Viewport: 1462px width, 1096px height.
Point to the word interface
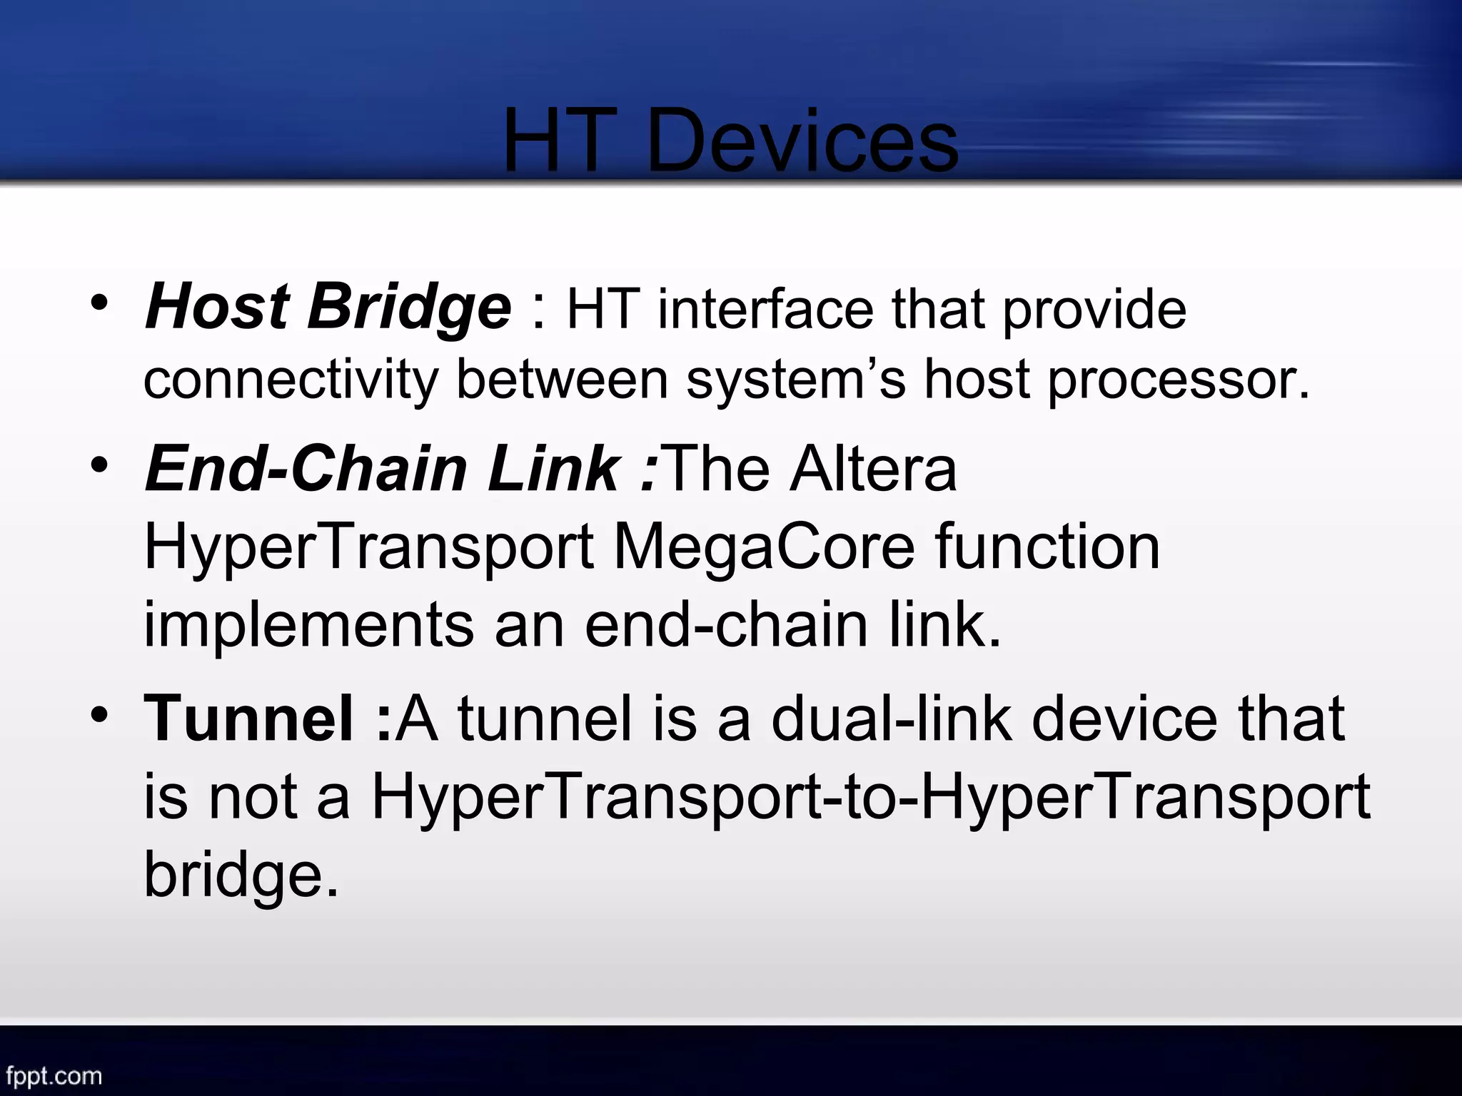pyautogui.click(x=765, y=310)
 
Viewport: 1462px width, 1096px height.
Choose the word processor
pyautogui.click(x=1179, y=380)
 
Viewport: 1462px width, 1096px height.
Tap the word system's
pyautogui.click(x=796, y=379)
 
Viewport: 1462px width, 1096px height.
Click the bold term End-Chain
pyautogui.click(x=306, y=469)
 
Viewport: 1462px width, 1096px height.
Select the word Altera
pyautogui.click(x=873, y=469)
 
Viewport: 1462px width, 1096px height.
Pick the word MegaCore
pyautogui.click(x=764, y=548)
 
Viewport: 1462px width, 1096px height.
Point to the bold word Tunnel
pyautogui.click(x=248, y=719)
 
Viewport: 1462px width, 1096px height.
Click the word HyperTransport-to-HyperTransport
pyautogui.click(x=871, y=798)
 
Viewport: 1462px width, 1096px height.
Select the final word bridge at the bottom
pyautogui.click(x=241, y=876)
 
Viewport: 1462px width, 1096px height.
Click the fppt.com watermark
pyautogui.click(x=54, y=1075)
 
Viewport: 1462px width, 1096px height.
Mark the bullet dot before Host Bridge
pyautogui.click(x=100, y=303)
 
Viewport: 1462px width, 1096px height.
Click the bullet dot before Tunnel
pyautogui.click(x=100, y=713)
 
